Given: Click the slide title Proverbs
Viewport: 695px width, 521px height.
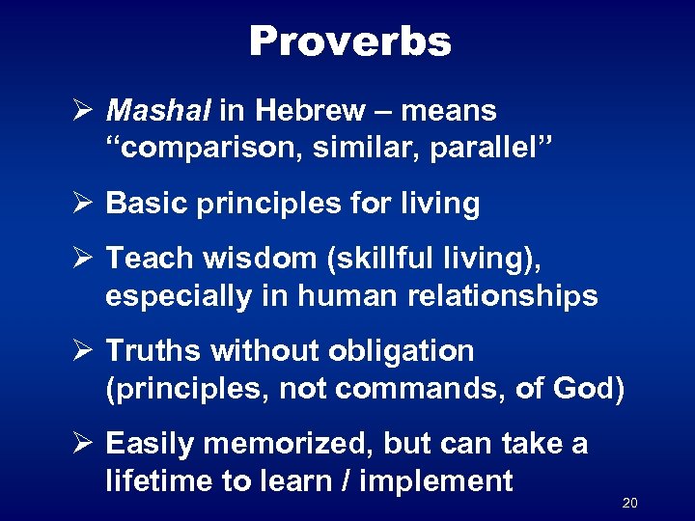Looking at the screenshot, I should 349,41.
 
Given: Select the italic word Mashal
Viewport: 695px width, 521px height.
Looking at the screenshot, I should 158,112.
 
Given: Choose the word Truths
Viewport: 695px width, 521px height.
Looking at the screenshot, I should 152,351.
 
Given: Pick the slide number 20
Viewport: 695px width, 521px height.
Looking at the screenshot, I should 630,503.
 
